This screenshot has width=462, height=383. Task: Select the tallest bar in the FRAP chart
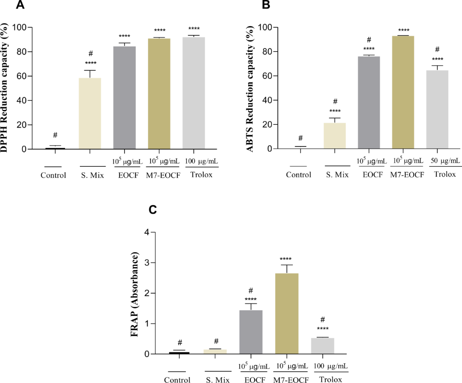tap(286, 314)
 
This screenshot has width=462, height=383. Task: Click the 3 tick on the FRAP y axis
tap(146, 263)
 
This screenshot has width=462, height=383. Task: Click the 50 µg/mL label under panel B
tap(437, 161)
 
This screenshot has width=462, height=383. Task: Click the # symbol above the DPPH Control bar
tap(55, 135)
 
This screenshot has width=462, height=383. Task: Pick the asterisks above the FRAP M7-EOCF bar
tap(286, 259)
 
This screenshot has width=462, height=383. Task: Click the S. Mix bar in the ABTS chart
tap(335, 136)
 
